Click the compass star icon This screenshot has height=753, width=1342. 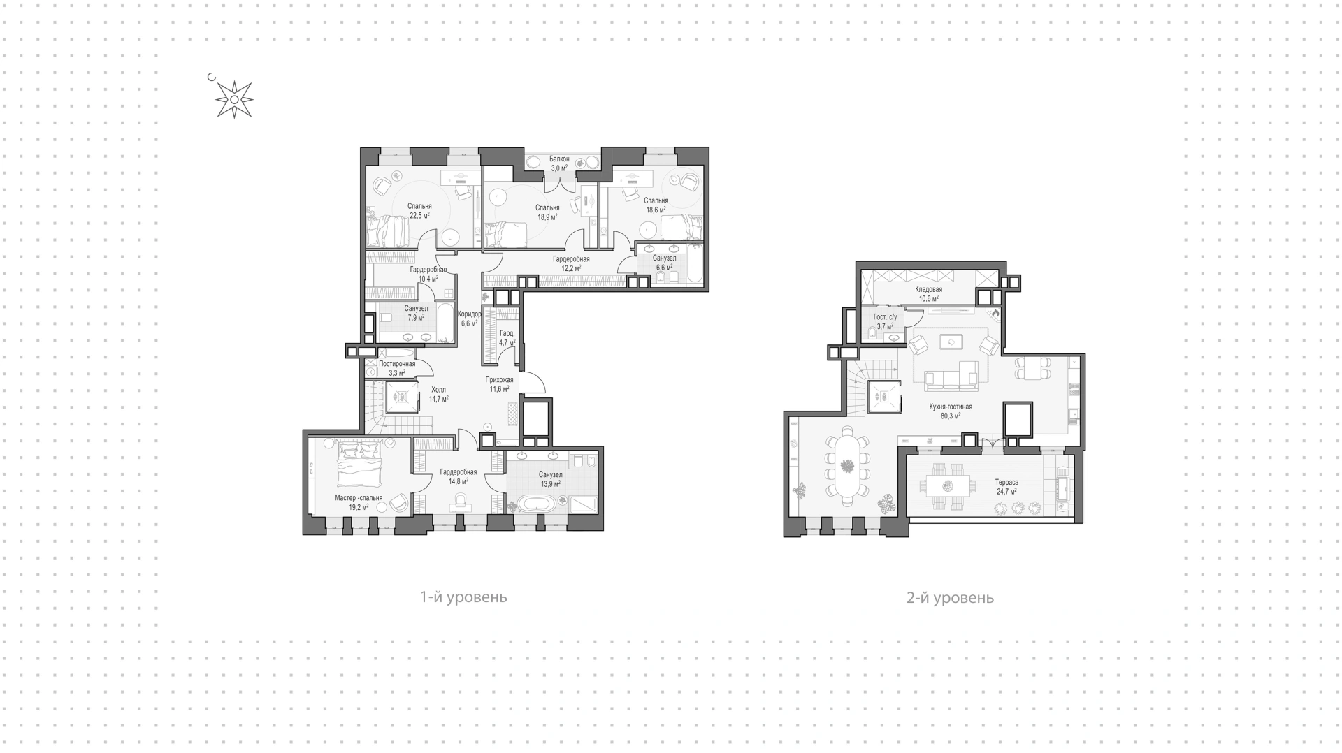tap(233, 100)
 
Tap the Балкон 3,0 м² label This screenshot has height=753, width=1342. tap(559, 163)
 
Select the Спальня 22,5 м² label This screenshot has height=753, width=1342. tap(419, 211)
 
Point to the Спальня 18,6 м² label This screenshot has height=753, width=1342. tap(656, 205)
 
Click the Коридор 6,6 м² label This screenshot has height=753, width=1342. tap(469, 319)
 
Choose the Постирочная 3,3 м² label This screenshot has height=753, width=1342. tap(397, 368)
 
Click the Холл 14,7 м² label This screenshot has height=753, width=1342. tap(438, 395)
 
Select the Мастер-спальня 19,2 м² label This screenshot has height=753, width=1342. tap(359, 503)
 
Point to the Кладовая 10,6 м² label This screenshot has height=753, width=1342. tap(928, 294)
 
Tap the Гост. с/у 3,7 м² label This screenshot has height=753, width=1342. tap(885, 321)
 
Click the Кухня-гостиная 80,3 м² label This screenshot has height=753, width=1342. tap(951, 411)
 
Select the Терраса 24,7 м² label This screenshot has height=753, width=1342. tap(1006, 487)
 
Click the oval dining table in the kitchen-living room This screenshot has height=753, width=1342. tap(847, 465)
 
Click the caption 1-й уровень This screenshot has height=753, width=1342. tap(463, 597)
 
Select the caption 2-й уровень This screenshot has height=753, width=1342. tap(950, 598)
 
